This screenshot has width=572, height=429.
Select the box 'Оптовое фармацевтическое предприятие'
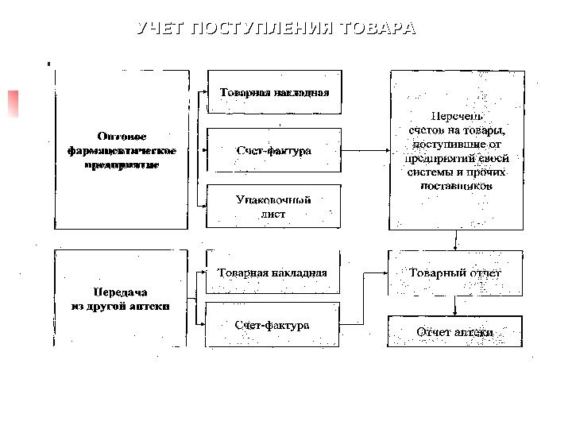(122, 150)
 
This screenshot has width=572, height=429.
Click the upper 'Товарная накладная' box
(274, 92)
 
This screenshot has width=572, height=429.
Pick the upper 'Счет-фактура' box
(274, 150)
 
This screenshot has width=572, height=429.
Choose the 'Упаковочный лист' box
(274, 207)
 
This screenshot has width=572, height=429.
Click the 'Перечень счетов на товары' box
(457, 150)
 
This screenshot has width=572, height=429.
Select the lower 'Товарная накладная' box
(273, 272)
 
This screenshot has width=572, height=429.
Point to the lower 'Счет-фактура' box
(273, 325)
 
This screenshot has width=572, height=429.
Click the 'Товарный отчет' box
(455, 273)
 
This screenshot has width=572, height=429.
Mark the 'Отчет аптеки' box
(455, 331)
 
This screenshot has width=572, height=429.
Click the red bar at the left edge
(13, 104)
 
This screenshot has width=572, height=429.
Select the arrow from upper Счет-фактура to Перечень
(365, 150)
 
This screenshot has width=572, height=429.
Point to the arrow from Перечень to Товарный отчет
(455, 240)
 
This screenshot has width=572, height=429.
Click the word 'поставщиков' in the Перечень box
(457, 186)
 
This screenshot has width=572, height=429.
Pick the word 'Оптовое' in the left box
(122, 136)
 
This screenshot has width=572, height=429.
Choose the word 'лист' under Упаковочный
(274, 214)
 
